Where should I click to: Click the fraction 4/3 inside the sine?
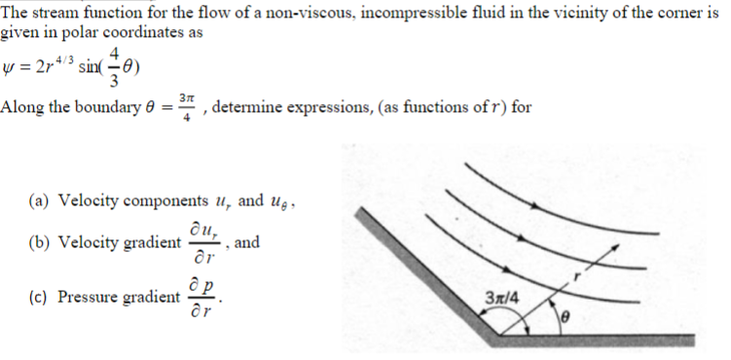pos(116,64)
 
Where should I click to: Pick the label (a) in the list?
pos(40,201)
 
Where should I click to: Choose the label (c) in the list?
pos(40,297)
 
